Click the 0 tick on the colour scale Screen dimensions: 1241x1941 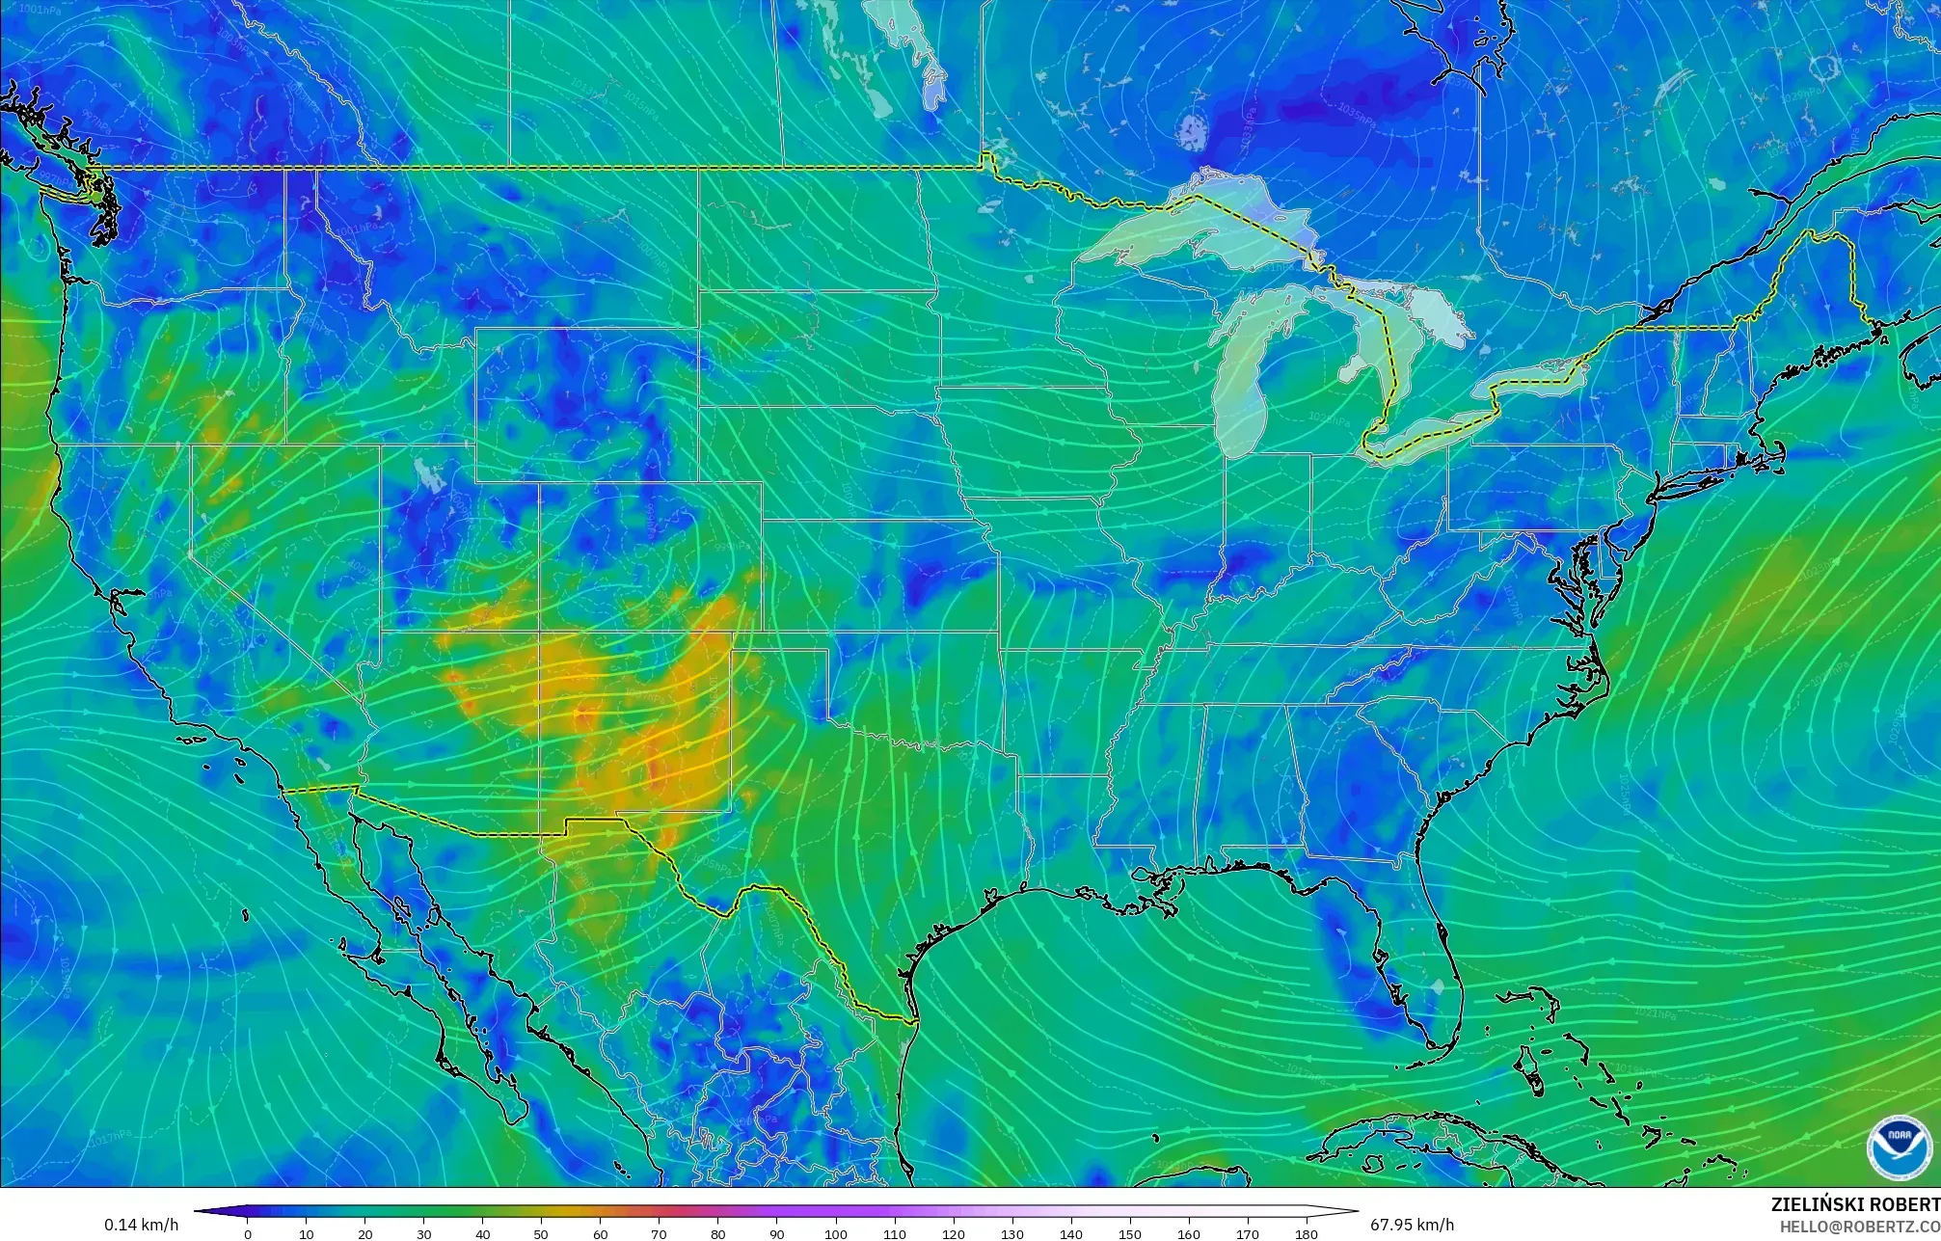click(x=248, y=1233)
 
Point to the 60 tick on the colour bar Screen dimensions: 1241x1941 click(x=601, y=1233)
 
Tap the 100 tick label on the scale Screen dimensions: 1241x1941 click(x=836, y=1234)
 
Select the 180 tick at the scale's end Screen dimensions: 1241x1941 click(x=1307, y=1233)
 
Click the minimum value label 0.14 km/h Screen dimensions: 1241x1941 click(x=142, y=1225)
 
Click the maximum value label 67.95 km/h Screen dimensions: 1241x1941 click(x=1412, y=1225)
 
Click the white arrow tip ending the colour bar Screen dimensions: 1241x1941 click(x=1350, y=1211)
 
